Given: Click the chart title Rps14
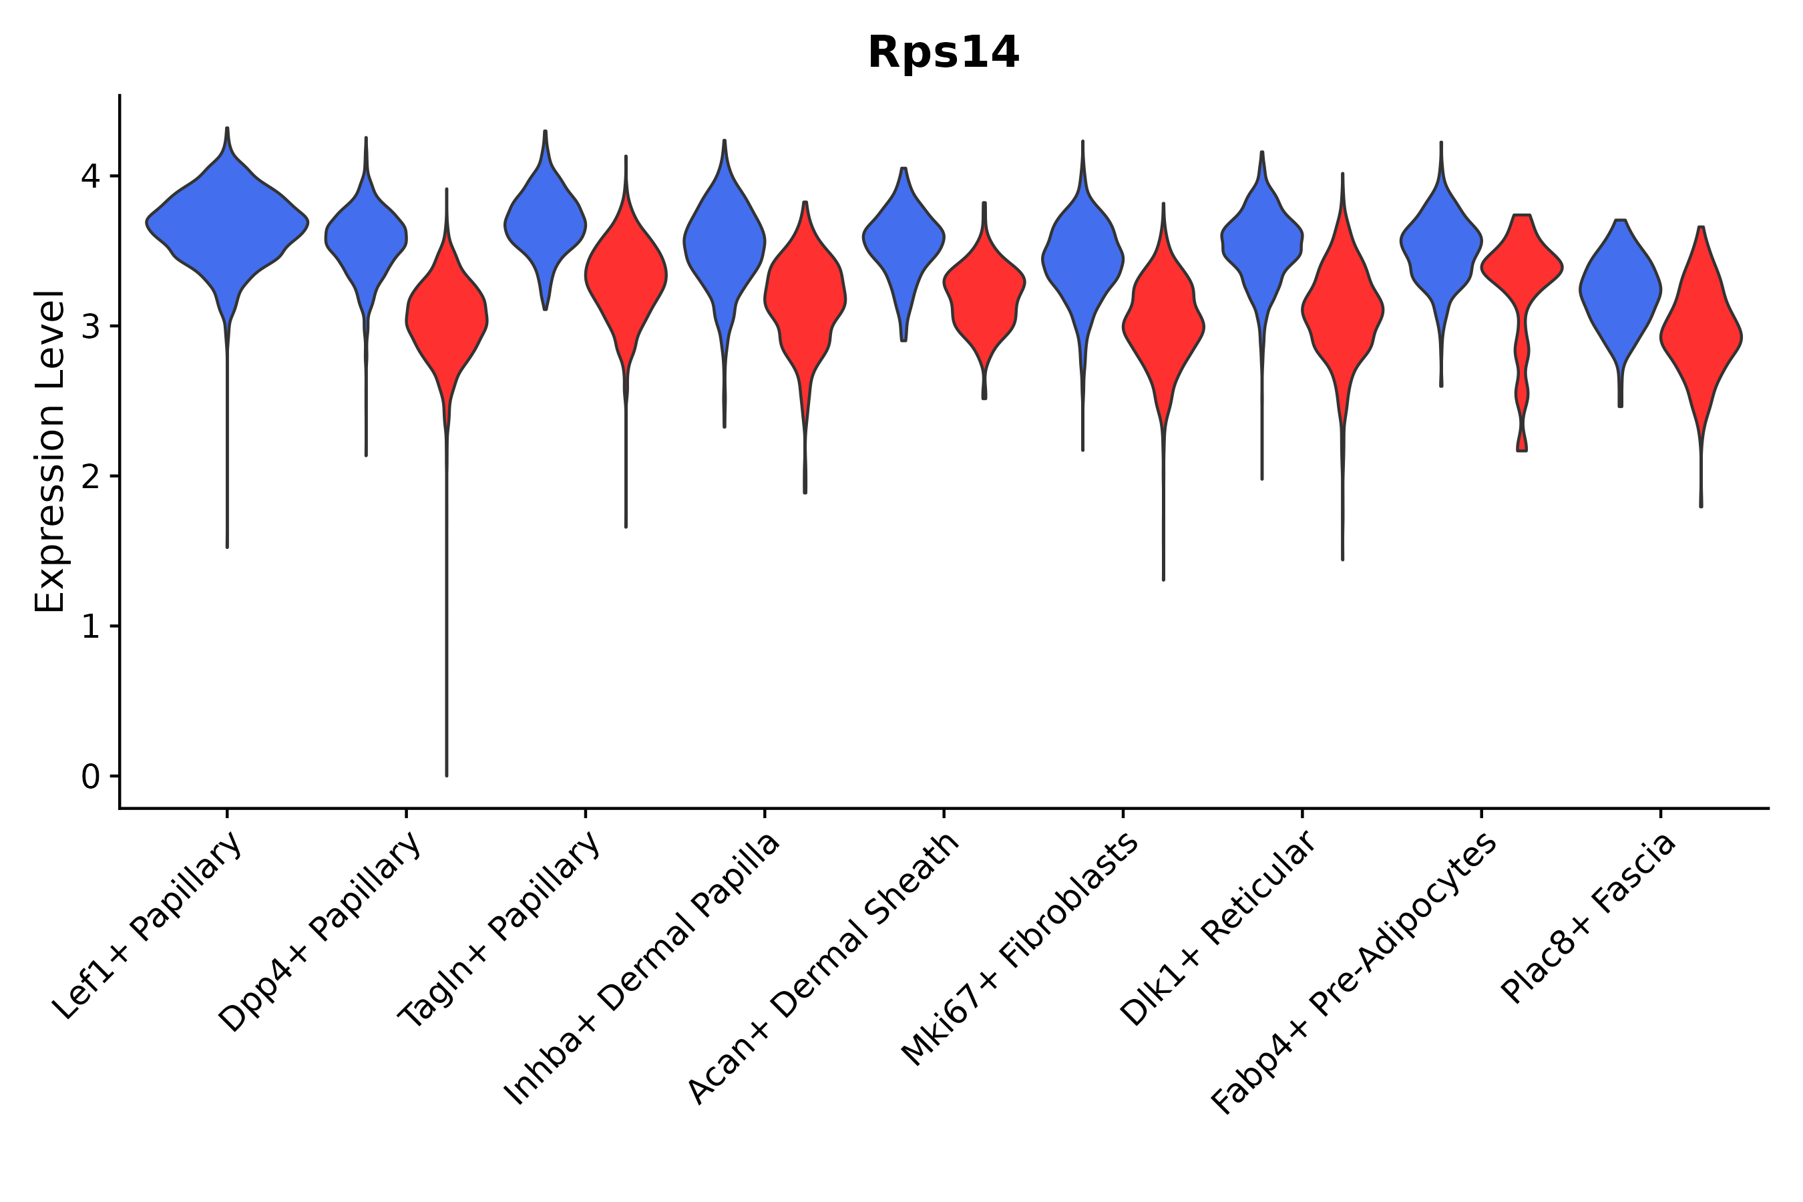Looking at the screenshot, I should (943, 53).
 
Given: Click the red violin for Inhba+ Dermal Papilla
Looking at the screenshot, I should (805, 295).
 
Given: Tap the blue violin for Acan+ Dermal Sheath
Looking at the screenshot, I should (904, 238).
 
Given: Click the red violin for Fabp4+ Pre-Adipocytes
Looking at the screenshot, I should (1522, 268).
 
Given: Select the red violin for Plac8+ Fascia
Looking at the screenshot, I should (1701, 337).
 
